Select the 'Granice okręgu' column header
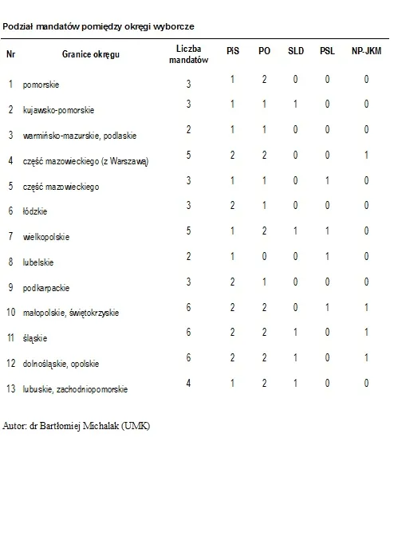pyautogui.click(x=91, y=54)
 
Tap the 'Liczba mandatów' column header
pyautogui.click(x=189, y=54)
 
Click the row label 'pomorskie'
pyautogui.click(x=41, y=84)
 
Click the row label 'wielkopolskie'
pyautogui.click(x=46, y=237)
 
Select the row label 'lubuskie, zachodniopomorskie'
pyautogui.click(x=76, y=390)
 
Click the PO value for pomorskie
pyautogui.click(x=264, y=79)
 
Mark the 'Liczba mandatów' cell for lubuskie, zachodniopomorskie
pyautogui.click(x=189, y=384)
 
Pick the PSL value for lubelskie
pyautogui.click(x=327, y=257)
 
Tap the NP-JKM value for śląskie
pyautogui.click(x=366, y=333)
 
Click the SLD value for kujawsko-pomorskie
pyautogui.click(x=295, y=104)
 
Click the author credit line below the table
pyautogui.click(x=77, y=425)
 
